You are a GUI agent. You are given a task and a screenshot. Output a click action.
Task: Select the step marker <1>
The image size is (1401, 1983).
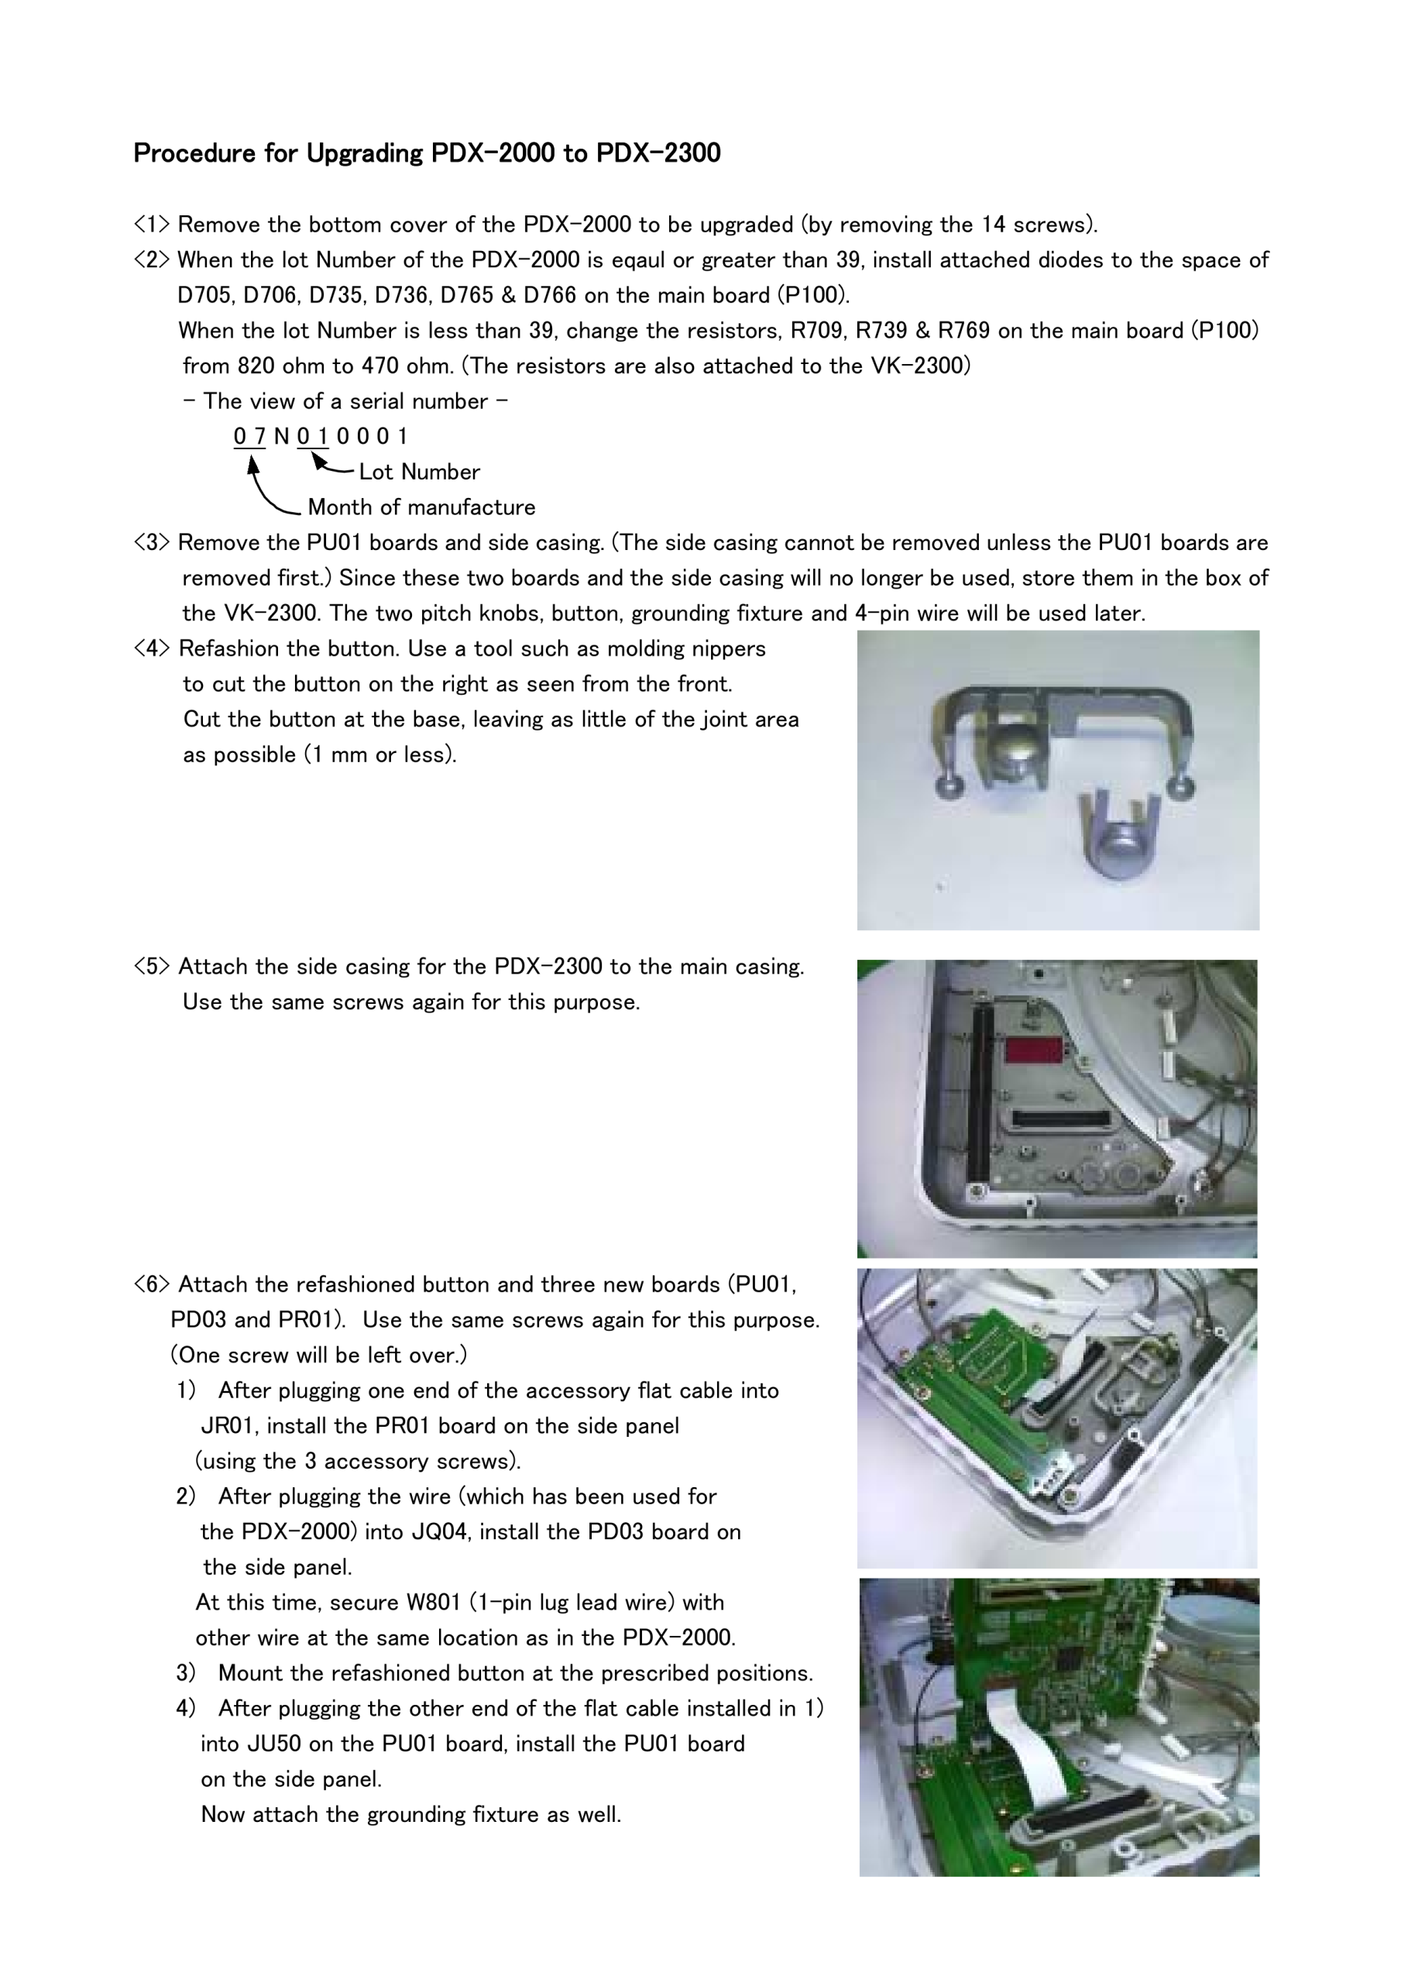pyautogui.click(x=151, y=225)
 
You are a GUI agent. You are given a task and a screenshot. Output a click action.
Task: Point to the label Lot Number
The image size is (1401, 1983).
pyautogui.click(x=419, y=472)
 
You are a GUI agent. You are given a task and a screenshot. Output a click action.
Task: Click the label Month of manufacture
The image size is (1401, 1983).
pyautogui.click(x=421, y=507)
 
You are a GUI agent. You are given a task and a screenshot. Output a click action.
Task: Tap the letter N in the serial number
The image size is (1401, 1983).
pyautogui.click(x=282, y=436)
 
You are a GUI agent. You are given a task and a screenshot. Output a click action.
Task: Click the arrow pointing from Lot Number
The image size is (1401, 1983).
pyautogui.click(x=331, y=466)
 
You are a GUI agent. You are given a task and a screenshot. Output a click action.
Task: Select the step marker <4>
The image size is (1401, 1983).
pyautogui.click(x=151, y=648)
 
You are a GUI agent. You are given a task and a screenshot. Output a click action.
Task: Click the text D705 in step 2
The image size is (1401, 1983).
pyautogui.click(x=205, y=295)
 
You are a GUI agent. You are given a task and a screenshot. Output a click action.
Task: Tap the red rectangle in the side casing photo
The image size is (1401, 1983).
pyautogui.click(x=1033, y=1050)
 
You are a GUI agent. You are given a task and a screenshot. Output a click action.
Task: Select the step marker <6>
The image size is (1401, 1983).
pyautogui.click(x=151, y=1284)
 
